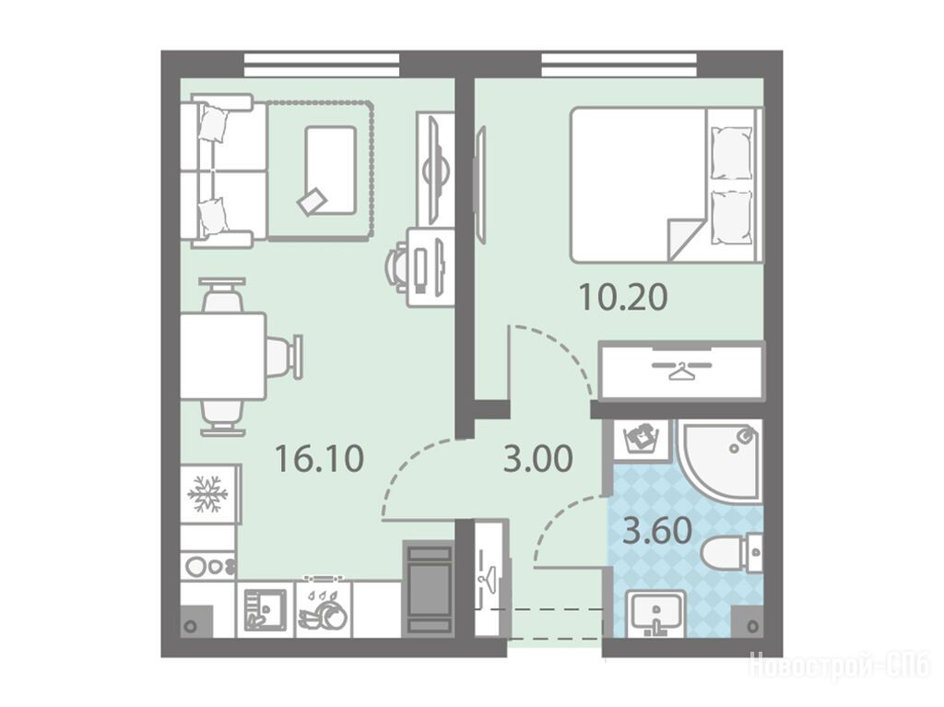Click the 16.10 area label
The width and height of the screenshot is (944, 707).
click(x=319, y=458)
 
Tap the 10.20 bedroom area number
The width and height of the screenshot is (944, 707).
click(x=623, y=297)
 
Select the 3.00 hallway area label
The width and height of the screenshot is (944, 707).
click(x=538, y=460)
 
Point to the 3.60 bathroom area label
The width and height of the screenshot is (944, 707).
click(x=657, y=531)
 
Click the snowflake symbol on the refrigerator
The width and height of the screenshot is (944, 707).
click(x=207, y=494)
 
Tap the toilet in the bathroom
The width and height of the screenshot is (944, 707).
click(x=731, y=552)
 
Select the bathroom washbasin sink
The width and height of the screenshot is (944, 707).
click(x=656, y=613)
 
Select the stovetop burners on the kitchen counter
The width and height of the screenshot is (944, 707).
click(x=209, y=566)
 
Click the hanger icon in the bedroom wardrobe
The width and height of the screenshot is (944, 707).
click(x=681, y=370)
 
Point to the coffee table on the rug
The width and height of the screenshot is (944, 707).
click(x=331, y=170)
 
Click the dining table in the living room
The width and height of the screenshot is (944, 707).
click(x=223, y=355)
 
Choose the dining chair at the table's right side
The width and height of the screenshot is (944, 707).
click(x=284, y=356)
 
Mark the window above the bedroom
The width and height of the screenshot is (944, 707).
click(x=619, y=65)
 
